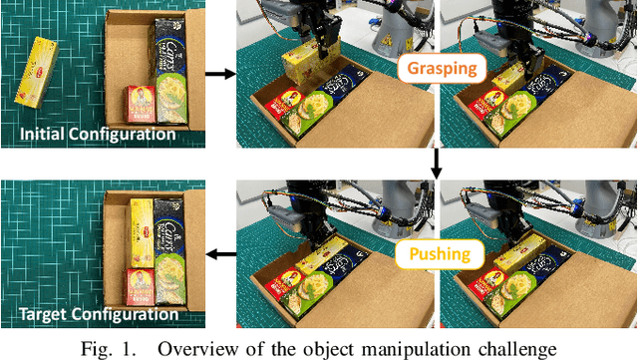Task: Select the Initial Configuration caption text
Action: (x=98, y=134)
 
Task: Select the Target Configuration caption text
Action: (x=98, y=315)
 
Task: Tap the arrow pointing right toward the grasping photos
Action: (x=219, y=73)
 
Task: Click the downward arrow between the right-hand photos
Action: (x=437, y=162)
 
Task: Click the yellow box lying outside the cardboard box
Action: (x=37, y=71)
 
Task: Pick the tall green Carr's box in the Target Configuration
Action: (x=169, y=254)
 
